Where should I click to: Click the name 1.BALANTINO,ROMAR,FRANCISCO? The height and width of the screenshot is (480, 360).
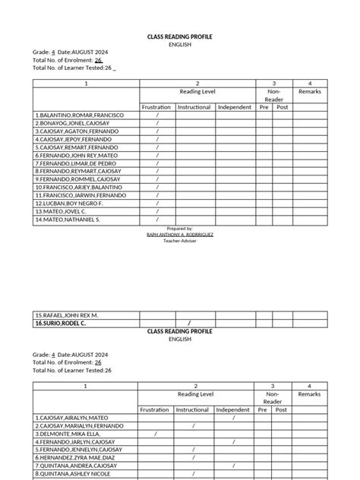[79, 115]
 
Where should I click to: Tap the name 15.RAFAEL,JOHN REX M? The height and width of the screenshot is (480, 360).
[67, 314]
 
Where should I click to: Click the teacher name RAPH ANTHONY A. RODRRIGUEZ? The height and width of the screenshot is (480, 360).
[180, 235]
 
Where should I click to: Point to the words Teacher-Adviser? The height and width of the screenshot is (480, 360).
[180, 242]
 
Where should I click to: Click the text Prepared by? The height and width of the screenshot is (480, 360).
[180, 228]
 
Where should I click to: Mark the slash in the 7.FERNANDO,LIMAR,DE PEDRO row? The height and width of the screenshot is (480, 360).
[157, 163]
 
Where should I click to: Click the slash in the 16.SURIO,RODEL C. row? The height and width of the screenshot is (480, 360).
[188, 323]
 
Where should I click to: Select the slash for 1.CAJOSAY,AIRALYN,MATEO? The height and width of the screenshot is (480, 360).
[234, 418]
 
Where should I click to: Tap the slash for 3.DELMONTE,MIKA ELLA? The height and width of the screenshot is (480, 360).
[156, 434]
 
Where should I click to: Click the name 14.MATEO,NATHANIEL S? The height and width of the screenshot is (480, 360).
[68, 219]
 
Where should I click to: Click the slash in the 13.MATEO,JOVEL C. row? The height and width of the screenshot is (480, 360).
[157, 211]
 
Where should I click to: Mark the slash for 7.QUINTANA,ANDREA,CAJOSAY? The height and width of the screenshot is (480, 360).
[194, 466]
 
